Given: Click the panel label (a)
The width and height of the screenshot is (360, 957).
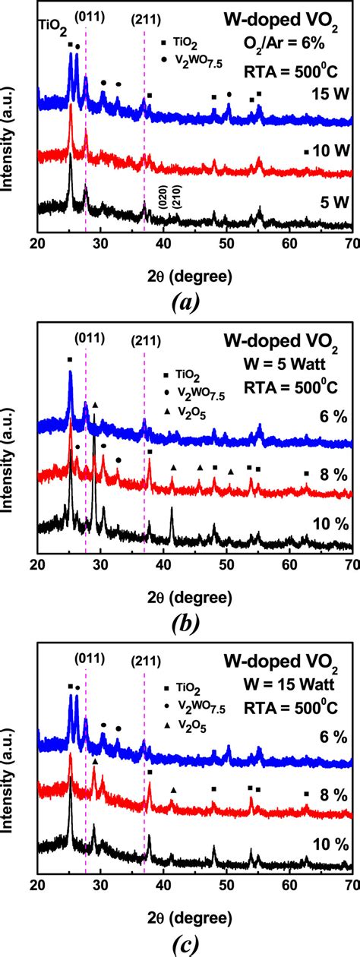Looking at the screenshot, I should point(185,303).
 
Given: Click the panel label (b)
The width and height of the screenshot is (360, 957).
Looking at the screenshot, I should point(185,624).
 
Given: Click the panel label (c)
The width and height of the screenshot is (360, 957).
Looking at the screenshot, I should point(185,943).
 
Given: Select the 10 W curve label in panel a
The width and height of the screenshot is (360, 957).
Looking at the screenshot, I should point(328,150).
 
